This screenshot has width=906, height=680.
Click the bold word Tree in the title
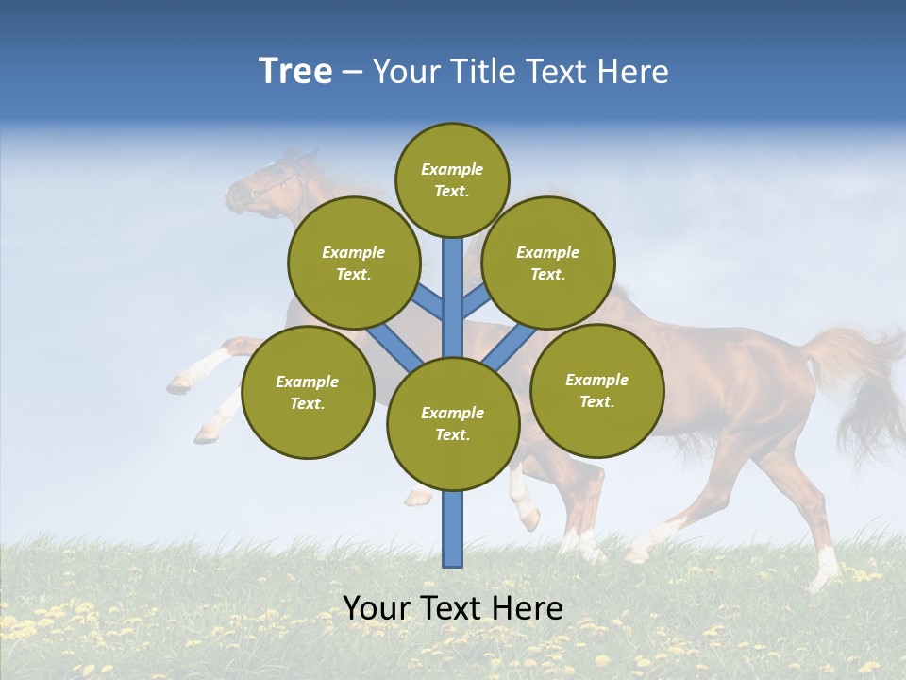point(295,72)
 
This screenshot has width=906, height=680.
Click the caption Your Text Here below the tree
point(453,608)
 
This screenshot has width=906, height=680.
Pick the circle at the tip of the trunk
point(452,179)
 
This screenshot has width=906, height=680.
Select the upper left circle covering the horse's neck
point(354,263)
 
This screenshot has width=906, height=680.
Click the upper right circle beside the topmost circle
point(548,263)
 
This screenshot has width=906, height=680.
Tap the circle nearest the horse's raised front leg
point(308,392)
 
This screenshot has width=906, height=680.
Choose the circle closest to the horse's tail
point(597,390)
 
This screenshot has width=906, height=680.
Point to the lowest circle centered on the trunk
point(453,424)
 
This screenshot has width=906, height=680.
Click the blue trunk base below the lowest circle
point(453,529)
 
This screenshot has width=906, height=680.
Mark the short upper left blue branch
point(428,302)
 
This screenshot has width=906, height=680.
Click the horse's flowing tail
point(859,378)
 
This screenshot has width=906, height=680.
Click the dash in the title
point(352,73)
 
